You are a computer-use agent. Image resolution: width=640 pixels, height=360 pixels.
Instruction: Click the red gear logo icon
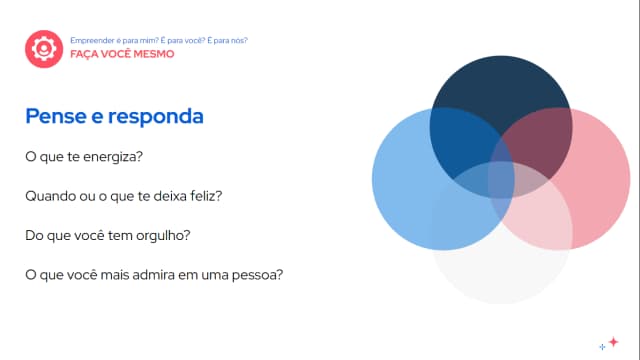(x=43, y=47)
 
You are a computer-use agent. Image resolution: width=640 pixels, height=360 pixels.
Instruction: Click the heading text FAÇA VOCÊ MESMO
(x=121, y=54)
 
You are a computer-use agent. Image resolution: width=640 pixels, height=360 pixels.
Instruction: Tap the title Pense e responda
(x=114, y=116)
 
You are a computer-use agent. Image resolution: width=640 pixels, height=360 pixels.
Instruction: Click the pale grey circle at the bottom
(x=500, y=270)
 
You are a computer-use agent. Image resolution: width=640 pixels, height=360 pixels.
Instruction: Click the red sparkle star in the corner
(x=613, y=341)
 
